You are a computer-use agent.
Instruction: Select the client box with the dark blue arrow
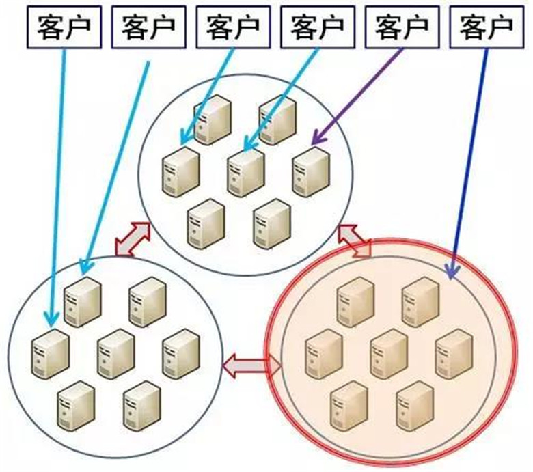[487, 28]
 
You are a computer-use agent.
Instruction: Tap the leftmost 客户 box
[62, 28]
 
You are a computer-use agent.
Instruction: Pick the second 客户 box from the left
[148, 28]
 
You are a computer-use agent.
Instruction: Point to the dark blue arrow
[471, 157]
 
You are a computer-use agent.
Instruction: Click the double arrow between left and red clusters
[251, 366]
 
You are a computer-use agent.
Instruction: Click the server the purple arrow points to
[311, 170]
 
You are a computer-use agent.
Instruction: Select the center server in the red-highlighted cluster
[388, 352]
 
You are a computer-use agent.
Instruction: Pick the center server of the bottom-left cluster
[115, 352]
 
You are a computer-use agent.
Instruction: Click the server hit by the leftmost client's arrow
[50, 352]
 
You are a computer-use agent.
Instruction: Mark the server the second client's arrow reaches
[82, 301]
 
